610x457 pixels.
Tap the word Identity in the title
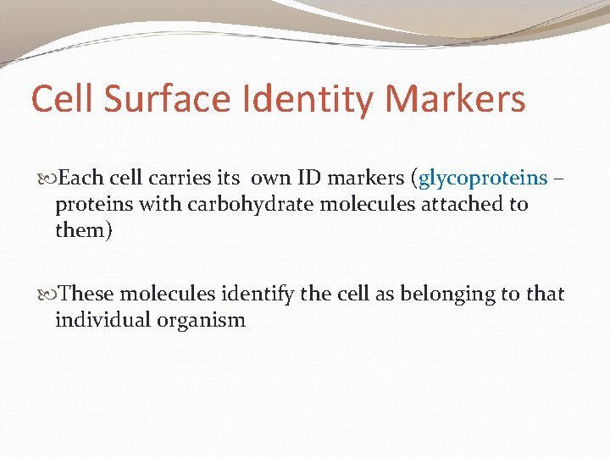pyautogui.click(x=307, y=100)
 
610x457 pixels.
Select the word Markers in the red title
pyautogui.click(x=455, y=100)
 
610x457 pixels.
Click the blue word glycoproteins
pyautogui.click(x=484, y=179)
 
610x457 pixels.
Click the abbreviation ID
pyautogui.click(x=330, y=179)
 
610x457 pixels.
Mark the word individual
pyautogui.click(x=97, y=320)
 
